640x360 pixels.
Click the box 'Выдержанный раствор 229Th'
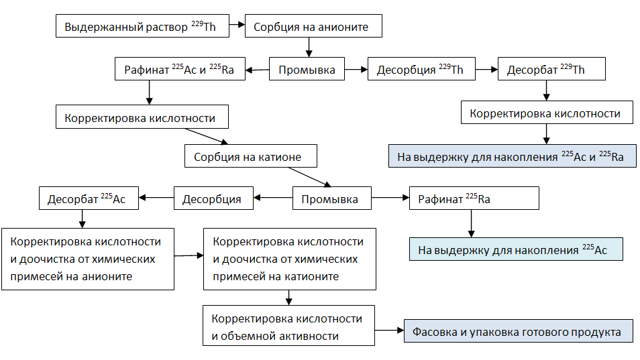pos(142,27)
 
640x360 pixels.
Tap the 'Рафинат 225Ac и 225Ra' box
pos(179,70)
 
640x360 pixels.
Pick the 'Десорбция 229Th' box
pos(421,70)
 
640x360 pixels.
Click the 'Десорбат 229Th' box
pos(551,70)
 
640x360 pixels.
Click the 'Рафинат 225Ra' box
pos(474,199)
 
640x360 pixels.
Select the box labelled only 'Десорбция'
pos(213,199)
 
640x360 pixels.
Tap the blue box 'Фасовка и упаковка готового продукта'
pos(518,332)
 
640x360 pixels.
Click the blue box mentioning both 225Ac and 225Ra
pos(512,157)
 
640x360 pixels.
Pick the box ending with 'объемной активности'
pos(288,327)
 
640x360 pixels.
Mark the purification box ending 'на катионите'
pos(288,259)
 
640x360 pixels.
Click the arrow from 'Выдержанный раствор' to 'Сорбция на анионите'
pos(235,27)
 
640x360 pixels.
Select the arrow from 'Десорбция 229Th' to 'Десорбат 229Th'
pos(485,70)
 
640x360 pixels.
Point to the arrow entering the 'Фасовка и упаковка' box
pos(389,331)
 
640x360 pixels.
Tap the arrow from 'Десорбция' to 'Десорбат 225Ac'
pos(156,198)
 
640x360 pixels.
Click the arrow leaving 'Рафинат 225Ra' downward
pos(471,223)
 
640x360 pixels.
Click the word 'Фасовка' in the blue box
pos(435,332)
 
